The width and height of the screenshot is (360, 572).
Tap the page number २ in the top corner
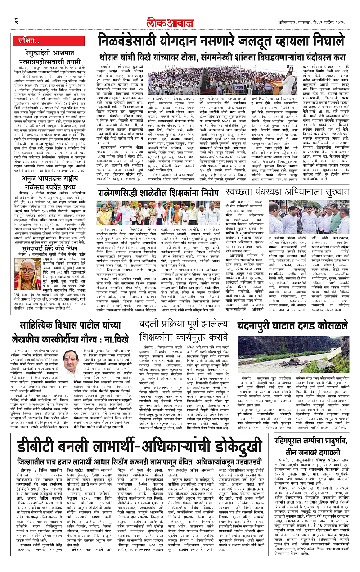[15, 20]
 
